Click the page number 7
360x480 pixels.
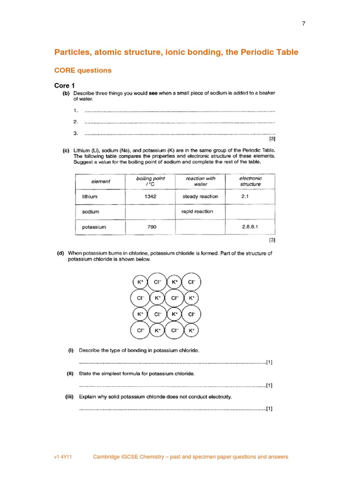[x=304, y=24]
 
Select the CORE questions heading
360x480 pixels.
[x=83, y=70]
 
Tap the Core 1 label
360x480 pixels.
[x=64, y=85]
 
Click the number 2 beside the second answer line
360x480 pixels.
[x=75, y=122]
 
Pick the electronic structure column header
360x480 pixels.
[x=250, y=181]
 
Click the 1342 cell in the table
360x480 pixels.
[x=150, y=196]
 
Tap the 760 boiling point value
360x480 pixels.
[x=150, y=227]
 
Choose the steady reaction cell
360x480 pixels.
[x=200, y=196]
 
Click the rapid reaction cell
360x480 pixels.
[x=197, y=211]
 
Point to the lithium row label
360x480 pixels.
[x=90, y=197]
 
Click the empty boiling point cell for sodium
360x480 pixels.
[x=150, y=212]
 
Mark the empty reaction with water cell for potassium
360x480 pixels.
[x=200, y=227]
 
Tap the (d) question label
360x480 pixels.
[x=60, y=253]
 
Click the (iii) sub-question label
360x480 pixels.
[x=70, y=397]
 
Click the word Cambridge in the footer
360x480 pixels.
[x=106, y=457]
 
